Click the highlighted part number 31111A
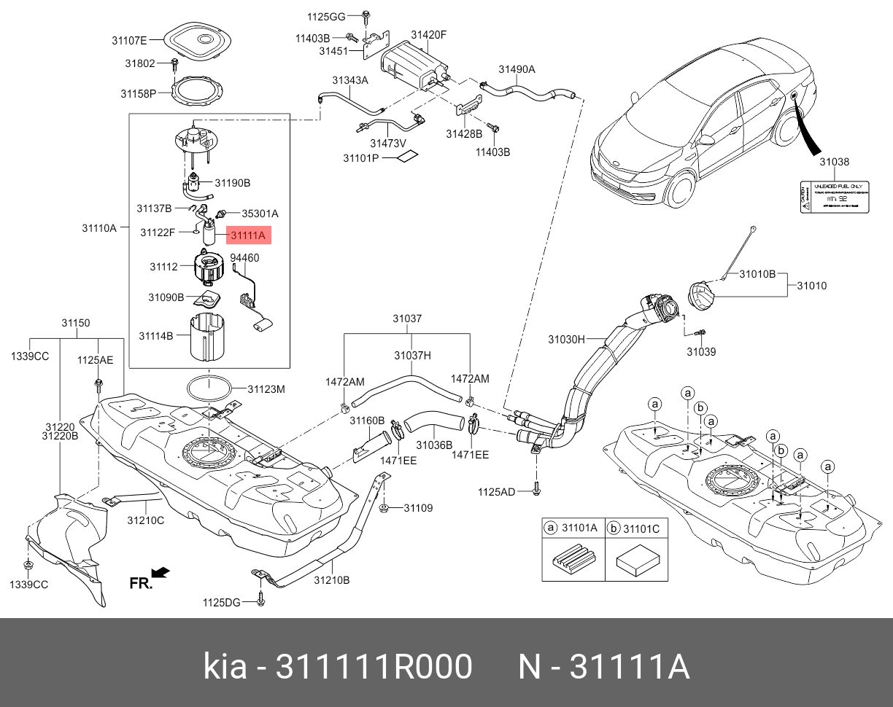pyautogui.click(x=248, y=235)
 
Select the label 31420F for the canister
pyautogui.click(x=428, y=34)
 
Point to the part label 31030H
pyautogui.click(x=566, y=339)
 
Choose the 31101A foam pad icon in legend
pyautogui.click(x=573, y=560)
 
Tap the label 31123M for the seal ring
pyautogui.click(x=266, y=389)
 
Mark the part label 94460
pyautogui.click(x=244, y=258)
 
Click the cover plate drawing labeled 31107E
pyautogui.click(x=196, y=42)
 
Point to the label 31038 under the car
pyautogui.click(x=833, y=162)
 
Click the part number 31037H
pyautogui.click(x=412, y=356)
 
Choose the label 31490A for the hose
pyautogui.click(x=517, y=69)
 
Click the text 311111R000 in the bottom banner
pyautogui.click(x=373, y=667)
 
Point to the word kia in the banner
pyautogui.click(x=225, y=667)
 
